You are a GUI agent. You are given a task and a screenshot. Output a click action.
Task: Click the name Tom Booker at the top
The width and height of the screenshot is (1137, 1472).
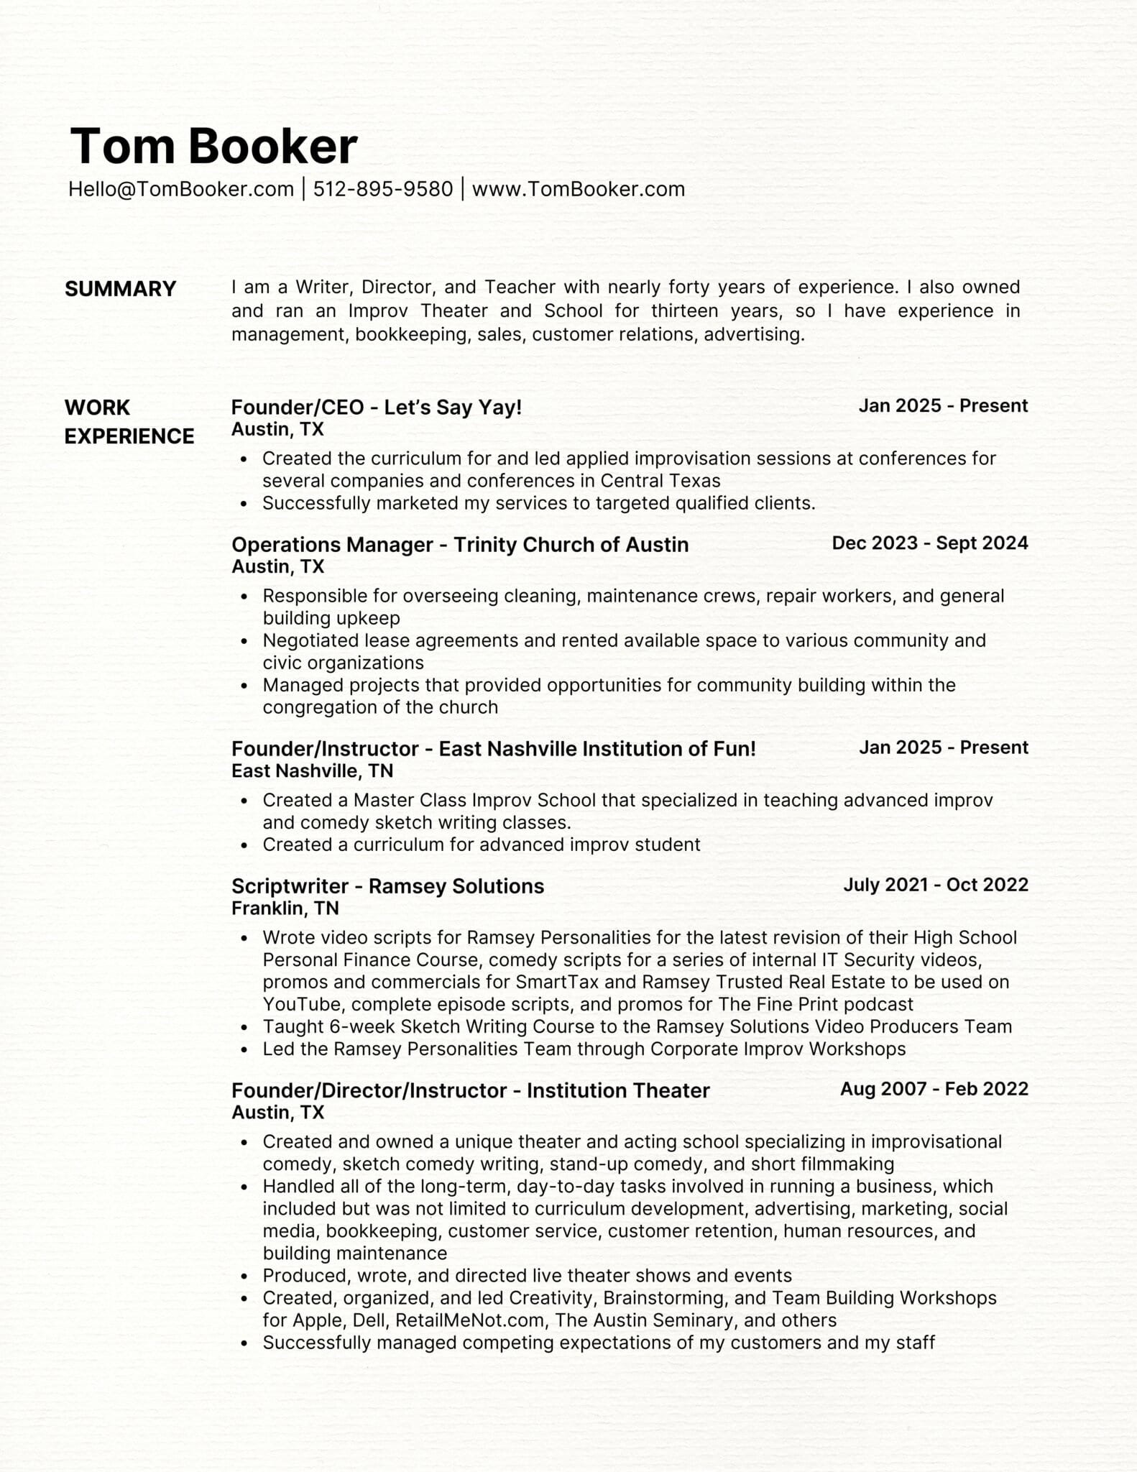[213, 146]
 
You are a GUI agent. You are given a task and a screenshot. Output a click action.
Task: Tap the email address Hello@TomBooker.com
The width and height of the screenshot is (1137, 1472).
[181, 189]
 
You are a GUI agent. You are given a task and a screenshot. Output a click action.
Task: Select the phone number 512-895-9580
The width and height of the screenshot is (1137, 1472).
[383, 189]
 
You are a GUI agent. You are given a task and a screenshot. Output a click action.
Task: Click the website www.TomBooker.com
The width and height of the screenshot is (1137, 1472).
[578, 189]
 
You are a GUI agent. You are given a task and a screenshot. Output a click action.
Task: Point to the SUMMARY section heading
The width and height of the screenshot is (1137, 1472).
[120, 289]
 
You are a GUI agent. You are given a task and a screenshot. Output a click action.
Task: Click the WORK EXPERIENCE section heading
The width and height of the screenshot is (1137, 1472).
[129, 422]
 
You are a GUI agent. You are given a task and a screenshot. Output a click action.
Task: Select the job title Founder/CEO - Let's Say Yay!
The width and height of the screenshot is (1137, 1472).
[376, 408]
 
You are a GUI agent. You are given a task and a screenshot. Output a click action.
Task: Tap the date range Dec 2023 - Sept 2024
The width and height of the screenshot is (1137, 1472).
[929, 543]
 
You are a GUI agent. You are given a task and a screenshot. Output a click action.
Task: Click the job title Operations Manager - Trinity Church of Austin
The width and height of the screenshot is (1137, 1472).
[459, 545]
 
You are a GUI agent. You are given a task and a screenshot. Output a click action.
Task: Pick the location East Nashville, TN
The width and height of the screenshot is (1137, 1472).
[312, 771]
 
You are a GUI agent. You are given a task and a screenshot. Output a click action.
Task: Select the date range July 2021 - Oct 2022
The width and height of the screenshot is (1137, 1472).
[935, 885]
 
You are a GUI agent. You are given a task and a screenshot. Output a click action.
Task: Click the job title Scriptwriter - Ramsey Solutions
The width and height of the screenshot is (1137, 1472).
[387, 886]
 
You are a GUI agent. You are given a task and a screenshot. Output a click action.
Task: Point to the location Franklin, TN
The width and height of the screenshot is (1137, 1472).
[285, 908]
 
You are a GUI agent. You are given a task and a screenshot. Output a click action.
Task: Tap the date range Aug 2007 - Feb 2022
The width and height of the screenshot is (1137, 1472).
[934, 1089]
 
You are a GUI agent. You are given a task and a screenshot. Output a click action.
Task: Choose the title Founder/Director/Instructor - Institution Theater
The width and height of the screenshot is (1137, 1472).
[470, 1090]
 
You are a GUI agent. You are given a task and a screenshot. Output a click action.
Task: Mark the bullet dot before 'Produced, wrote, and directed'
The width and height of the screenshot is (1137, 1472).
[245, 1277]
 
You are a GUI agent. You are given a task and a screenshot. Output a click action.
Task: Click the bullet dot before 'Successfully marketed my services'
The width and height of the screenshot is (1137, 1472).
[245, 505]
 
